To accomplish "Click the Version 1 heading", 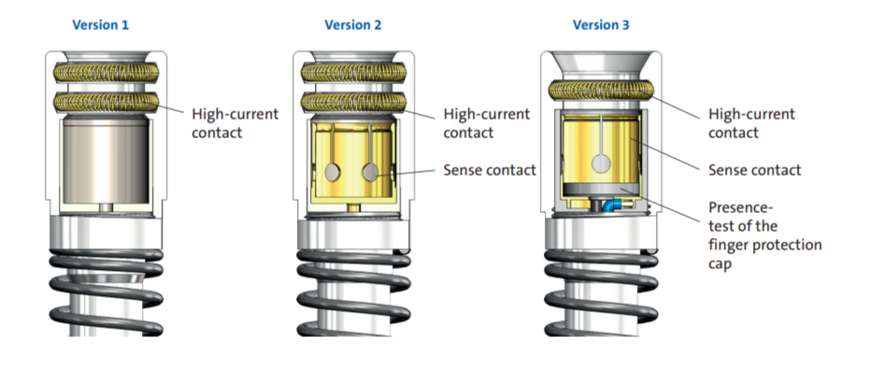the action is point(100,25).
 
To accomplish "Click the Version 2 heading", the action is point(352,25).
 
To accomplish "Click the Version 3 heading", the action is point(601,25).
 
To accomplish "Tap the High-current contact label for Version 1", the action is point(235,123).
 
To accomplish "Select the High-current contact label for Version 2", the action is point(487,123).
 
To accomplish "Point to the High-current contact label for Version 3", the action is point(751,123).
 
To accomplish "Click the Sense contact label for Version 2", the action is point(490,170).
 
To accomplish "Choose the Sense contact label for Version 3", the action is point(754,170).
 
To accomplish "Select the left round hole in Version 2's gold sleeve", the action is point(335,172).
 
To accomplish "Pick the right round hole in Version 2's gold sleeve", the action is point(370,172).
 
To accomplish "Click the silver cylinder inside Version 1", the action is point(106,160).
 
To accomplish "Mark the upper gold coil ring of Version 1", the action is point(106,72).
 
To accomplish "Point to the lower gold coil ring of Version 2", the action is point(353,102).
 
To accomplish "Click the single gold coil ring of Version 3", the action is point(601,90).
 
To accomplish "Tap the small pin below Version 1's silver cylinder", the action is point(106,208).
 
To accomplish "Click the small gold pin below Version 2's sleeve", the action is point(353,208).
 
